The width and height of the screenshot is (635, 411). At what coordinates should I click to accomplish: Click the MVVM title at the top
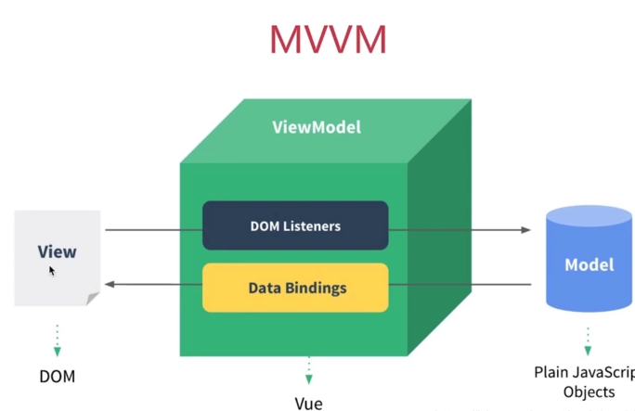(x=327, y=39)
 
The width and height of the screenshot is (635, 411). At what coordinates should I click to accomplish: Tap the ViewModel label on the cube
(x=317, y=127)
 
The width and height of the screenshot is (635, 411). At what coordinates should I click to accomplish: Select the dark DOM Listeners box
(x=295, y=225)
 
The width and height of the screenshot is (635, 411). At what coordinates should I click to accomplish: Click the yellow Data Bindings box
(x=295, y=288)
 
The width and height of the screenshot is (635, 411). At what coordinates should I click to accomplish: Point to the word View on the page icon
(x=57, y=251)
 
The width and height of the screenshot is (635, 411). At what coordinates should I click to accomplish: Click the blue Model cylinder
(x=590, y=263)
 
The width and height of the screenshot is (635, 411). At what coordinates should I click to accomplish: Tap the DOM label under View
(x=57, y=377)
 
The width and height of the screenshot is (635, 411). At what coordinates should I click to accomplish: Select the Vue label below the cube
(x=308, y=403)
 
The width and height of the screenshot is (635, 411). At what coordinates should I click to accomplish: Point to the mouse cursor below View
(x=52, y=271)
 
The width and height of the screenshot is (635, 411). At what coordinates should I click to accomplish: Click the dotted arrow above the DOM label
(x=57, y=339)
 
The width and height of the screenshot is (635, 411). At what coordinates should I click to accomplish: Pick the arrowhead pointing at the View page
(x=110, y=284)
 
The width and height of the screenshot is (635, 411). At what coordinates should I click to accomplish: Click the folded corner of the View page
(x=93, y=299)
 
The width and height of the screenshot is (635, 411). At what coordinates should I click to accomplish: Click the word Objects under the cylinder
(x=589, y=392)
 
